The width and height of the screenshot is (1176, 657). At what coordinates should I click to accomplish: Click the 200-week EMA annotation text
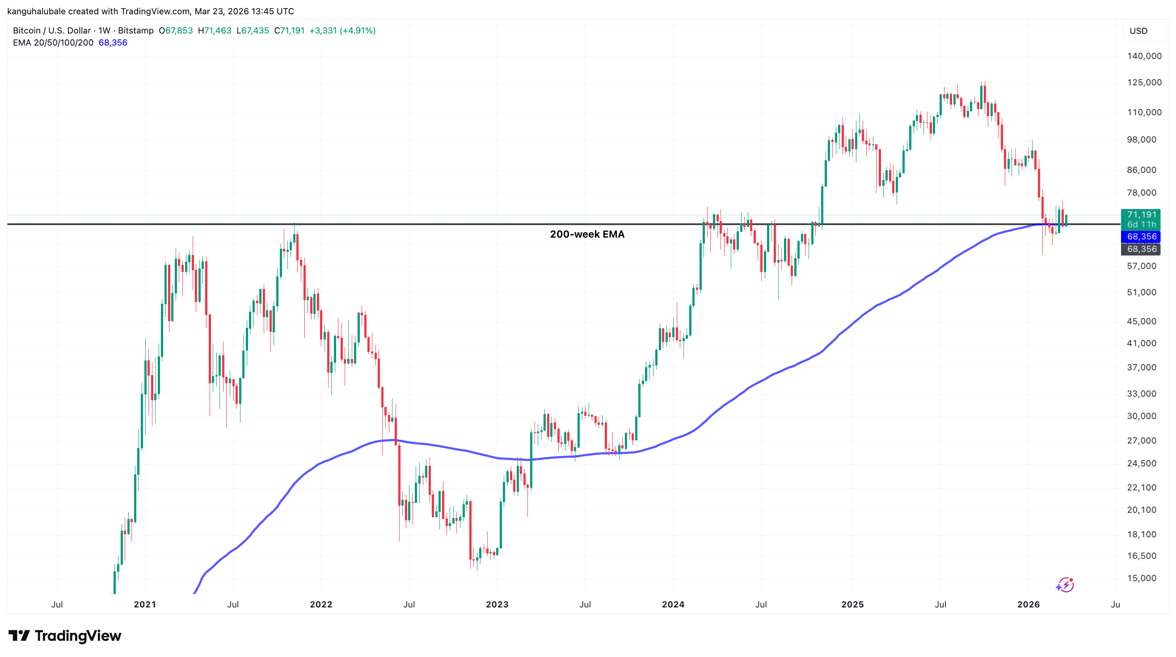coord(586,234)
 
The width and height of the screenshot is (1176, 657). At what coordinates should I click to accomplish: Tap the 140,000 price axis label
coord(1144,56)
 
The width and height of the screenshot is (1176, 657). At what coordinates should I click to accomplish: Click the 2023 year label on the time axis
coord(497,605)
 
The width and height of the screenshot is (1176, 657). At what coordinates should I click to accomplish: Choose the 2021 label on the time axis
coord(145,605)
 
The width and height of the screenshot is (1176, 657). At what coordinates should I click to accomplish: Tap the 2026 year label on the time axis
coord(1028,605)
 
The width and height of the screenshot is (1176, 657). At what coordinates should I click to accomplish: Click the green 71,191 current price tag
coord(1141,214)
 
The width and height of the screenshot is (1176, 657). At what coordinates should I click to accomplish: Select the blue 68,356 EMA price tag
coord(1141,236)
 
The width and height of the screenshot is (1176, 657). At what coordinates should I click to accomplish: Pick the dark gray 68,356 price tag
coord(1141,249)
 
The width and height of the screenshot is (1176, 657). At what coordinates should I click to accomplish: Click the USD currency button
coord(1138,31)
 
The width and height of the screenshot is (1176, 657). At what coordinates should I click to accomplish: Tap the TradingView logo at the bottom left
coord(65,636)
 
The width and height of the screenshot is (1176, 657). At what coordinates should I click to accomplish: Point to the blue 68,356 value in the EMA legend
coord(113,42)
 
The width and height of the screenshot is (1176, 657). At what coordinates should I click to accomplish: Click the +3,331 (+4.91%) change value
coord(342,30)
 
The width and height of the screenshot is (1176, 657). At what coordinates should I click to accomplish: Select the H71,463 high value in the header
coord(214,30)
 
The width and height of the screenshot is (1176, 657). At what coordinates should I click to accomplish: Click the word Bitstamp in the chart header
coord(135,30)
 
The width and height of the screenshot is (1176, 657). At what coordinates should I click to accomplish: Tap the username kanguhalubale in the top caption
coord(37,11)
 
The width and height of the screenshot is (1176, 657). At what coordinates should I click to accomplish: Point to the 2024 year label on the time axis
coord(673,605)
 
